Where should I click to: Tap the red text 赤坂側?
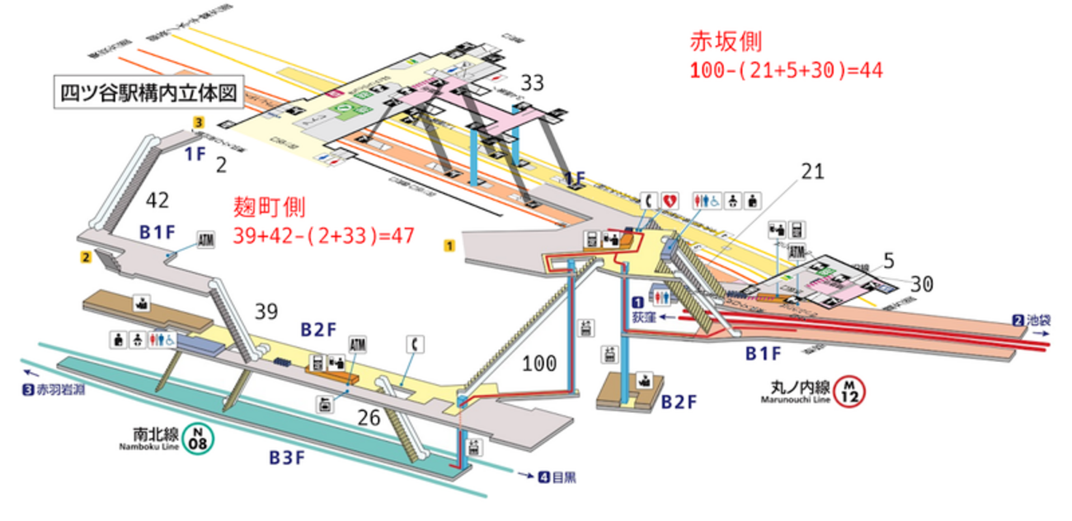pos(726,43)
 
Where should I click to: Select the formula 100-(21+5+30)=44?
pos(787,71)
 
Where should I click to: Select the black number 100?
pos(540,363)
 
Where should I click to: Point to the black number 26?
pos(369,419)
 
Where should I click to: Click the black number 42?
pos(157,200)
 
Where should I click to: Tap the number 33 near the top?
pos(533,82)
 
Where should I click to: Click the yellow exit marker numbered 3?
pos(198,122)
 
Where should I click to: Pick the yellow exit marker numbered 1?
pos(449,245)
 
